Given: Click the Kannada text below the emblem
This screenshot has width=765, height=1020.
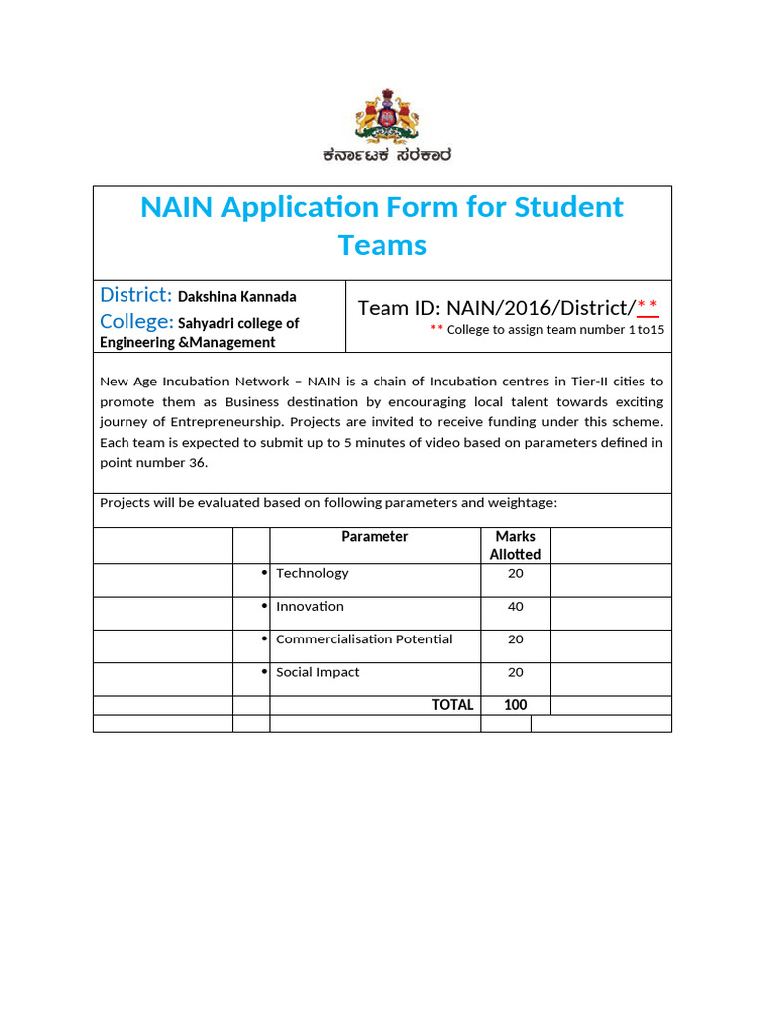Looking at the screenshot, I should pyautogui.click(x=386, y=155).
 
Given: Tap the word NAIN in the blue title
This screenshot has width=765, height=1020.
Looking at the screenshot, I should pyautogui.click(x=176, y=208).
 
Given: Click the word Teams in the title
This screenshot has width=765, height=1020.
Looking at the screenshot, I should pyautogui.click(x=382, y=245).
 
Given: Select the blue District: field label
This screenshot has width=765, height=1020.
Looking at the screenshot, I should pyautogui.click(x=136, y=295).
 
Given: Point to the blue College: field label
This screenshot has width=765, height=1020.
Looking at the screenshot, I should pyautogui.click(x=136, y=322).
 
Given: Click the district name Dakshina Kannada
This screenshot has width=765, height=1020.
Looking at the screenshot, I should pyautogui.click(x=237, y=297).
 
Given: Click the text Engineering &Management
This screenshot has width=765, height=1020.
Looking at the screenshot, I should pyautogui.click(x=187, y=342).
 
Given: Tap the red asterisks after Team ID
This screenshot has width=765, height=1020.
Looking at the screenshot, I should pyautogui.click(x=647, y=306).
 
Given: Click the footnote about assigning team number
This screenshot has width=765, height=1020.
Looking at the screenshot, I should pyautogui.click(x=547, y=330).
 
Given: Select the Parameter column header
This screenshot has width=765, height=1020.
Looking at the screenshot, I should pyautogui.click(x=375, y=537).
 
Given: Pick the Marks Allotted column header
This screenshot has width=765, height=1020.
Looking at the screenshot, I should pyautogui.click(x=515, y=545).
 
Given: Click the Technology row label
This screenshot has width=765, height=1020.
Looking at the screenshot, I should pyautogui.click(x=312, y=573).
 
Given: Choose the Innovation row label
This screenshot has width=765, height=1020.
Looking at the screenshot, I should pyautogui.click(x=310, y=606).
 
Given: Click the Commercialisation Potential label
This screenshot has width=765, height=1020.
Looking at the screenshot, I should pyautogui.click(x=364, y=639).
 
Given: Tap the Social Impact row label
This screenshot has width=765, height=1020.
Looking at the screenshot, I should pyautogui.click(x=317, y=672).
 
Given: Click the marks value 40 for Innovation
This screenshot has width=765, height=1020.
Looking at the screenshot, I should pyautogui.click(x=515, y=606).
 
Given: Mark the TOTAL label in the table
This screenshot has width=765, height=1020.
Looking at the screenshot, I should pyautogui.click(x=452, y=705).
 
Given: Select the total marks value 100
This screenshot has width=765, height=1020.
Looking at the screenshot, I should pyautogui.click(x=515, y=705).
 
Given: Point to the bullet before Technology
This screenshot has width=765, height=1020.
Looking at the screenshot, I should pyautogui.click(x=264, y=573).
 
